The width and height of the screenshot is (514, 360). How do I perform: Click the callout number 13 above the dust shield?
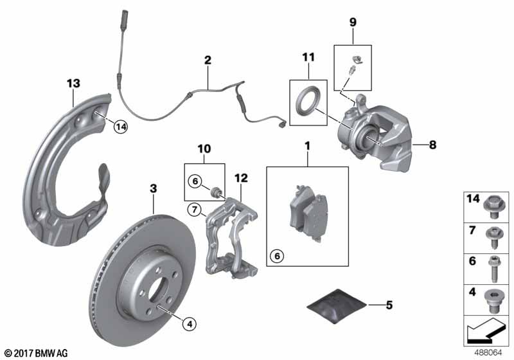click(x=73, y=84)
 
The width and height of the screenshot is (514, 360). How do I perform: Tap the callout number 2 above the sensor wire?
click(x=208, y=60)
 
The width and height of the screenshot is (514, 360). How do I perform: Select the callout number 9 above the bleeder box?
click(x=353, y=22)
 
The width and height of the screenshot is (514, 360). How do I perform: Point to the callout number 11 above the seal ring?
click(x=308, y=57)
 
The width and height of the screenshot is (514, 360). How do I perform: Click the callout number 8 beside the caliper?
click(x=432, y=145)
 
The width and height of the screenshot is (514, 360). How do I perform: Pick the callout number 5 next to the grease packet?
click(x=389, y=305)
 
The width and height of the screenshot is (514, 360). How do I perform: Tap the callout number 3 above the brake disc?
click(x=154, y=188)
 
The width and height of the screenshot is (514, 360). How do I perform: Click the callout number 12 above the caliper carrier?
click(x=242, y=178)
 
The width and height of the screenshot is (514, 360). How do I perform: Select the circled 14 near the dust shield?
click(x=121, y=127)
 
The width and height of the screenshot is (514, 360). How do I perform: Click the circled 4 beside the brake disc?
click(x=189, y=324)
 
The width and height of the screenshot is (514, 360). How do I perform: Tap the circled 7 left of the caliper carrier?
click(x=195, y=209)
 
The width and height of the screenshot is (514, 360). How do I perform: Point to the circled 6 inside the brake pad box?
click(x=277, y=256)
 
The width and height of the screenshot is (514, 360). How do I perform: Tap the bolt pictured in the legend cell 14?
click(x=493, y=206)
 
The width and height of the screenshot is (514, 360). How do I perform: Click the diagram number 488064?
click(x=488, y=353)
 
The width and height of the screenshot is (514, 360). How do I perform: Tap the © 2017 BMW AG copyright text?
click(x=37, y=353)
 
